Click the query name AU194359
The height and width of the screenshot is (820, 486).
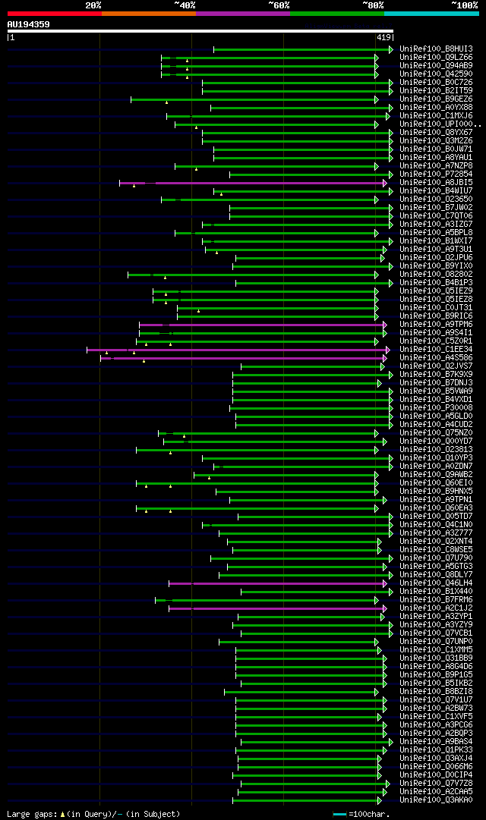(x=28, y=24)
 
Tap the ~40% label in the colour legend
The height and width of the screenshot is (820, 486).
(x=185, y=5)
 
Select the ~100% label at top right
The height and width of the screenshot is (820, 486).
(x=464, y=5)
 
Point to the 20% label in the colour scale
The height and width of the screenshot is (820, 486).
(x=93, y=5)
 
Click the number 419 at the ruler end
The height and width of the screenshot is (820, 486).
(x=383, y=36)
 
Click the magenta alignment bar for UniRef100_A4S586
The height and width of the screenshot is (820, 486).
(x=243, y=357)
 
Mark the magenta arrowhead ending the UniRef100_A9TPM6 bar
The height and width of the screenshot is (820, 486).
(x=385, y=324)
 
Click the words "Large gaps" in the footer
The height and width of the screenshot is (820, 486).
(x=27, y=813)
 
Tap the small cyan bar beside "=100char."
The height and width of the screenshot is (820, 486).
(x=339, y=814)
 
